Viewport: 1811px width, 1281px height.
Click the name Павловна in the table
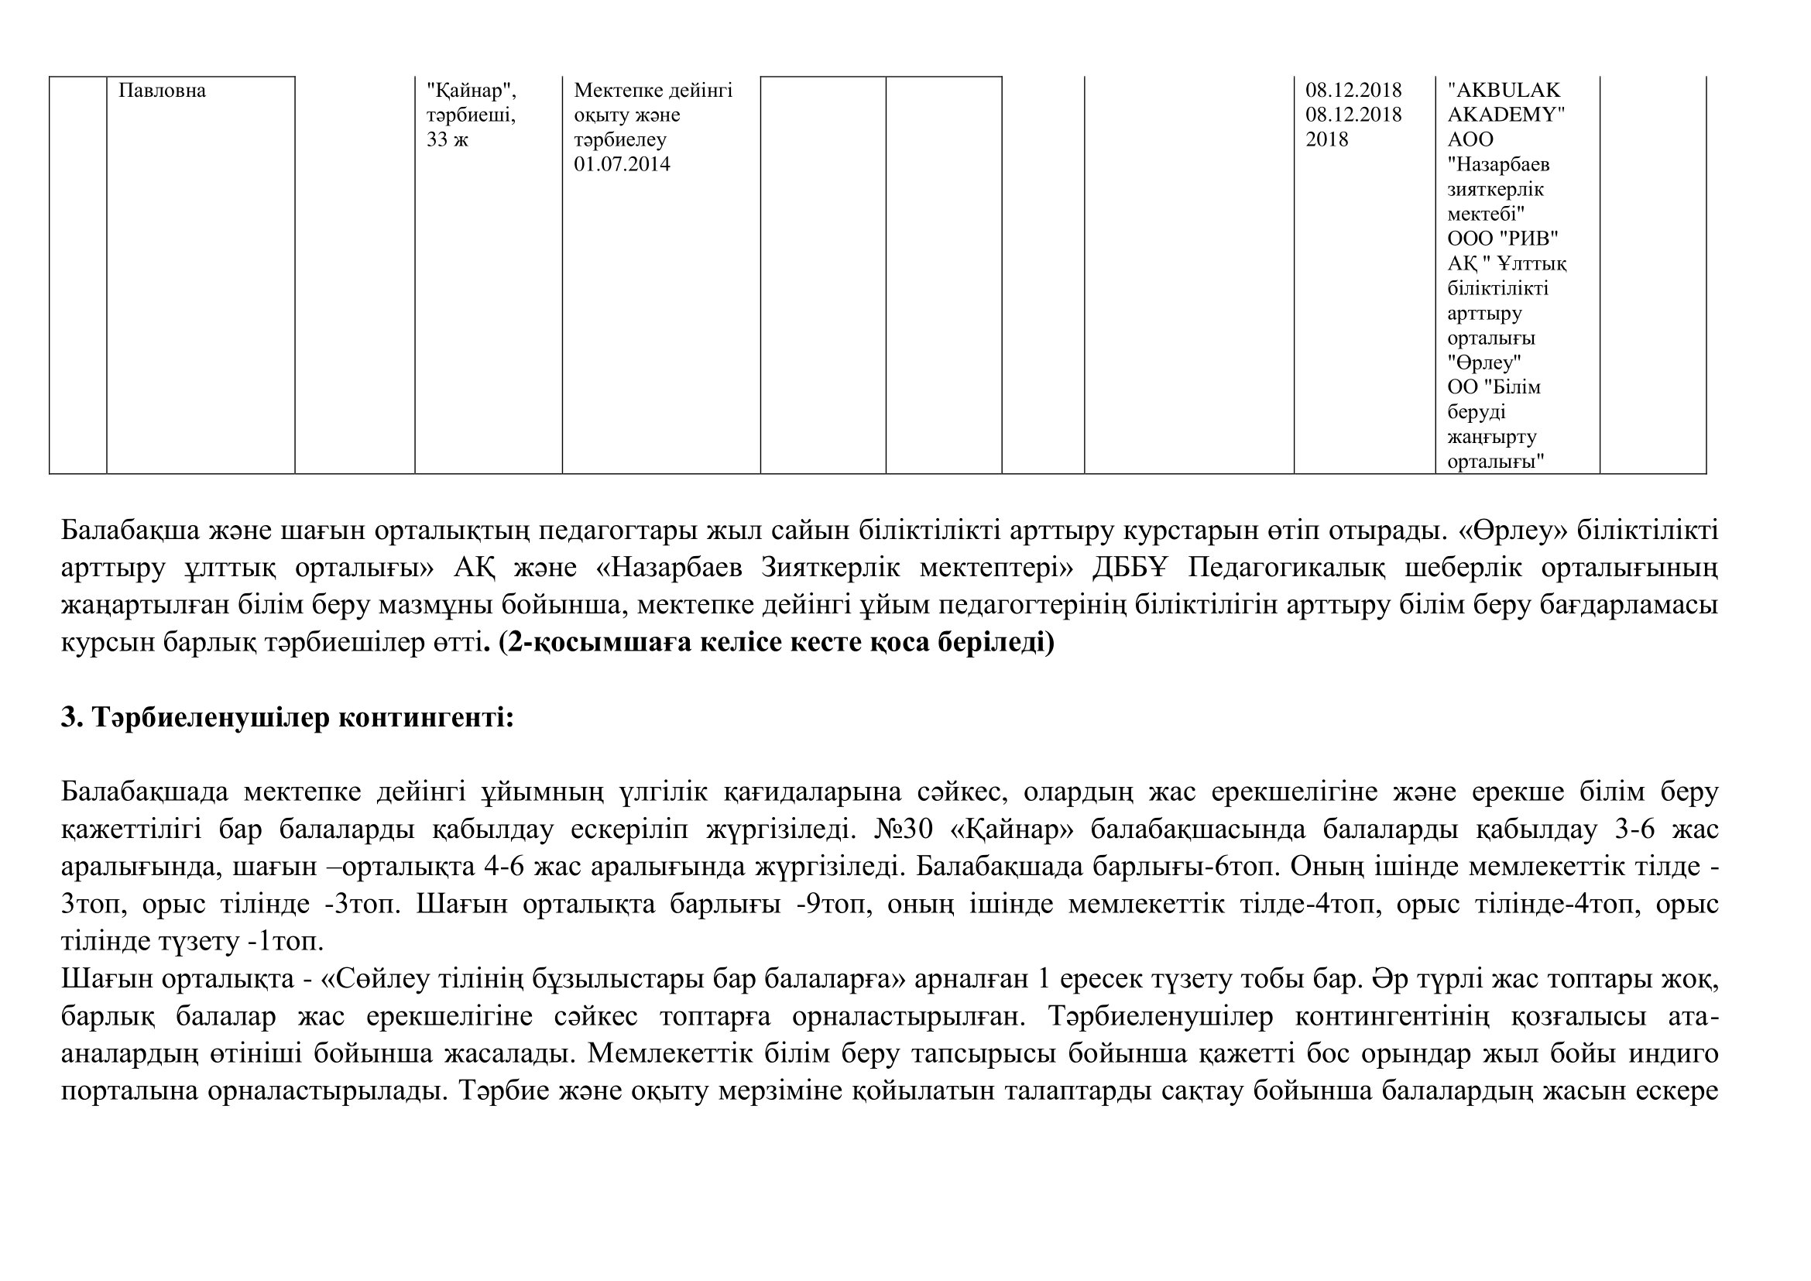click(162, 91)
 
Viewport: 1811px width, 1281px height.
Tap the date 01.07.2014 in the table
click(622, 164)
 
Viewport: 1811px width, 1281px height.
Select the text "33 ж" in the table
click(448, 139)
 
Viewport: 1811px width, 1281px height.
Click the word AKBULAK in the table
click(1504, 91)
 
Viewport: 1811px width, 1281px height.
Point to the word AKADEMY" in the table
click(1506, 115)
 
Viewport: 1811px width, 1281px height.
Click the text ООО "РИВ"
click(1503, 239)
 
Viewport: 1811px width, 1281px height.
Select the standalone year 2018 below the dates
click(1327, 139)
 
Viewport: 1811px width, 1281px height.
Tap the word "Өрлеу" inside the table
click(1483, 362)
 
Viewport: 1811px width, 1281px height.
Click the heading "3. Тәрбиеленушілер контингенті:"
click(287, 718)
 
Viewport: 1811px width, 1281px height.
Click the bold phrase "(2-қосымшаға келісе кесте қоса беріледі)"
click(776, 643)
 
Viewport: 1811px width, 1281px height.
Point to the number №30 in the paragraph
click(904, 829)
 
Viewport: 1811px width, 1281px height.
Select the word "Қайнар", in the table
click(471, 91)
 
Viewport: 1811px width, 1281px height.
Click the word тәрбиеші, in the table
click(471, 115)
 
